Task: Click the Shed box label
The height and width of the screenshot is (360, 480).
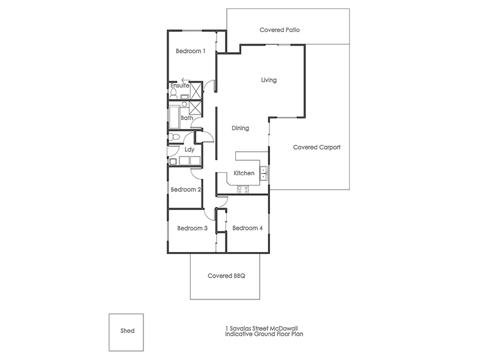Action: pyautogui.click(x=127, y=331)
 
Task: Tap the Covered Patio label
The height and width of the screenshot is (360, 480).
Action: pyautogui.click(x=280, y=29)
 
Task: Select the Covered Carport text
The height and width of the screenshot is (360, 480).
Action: pyautogui.click(x=317, y=147)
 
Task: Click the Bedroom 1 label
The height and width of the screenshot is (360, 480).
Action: pyautogui.click(x=191, y=52)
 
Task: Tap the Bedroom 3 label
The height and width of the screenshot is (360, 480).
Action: pyautogui.click(x=192, y=228)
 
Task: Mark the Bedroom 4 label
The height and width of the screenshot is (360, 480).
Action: pyautogui.click(x=247, y=228)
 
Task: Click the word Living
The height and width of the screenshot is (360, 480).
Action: pyautogui.click(x=269, y=80)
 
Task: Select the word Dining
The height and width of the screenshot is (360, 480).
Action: pyautogui.click(x=240, y=128)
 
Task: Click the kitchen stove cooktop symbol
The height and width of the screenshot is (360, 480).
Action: pyautogui.click(x=244, y=190)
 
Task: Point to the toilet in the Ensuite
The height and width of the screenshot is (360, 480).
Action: pyautogui.click(x=173, y=93)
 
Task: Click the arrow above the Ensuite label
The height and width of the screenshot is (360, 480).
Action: pyautogui.click(x=185, y=80)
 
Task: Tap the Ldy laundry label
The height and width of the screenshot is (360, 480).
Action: pyautogui.click(x=189, y=149)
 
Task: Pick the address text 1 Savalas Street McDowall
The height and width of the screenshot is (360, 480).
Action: pyautogui.click(x=265, y=328)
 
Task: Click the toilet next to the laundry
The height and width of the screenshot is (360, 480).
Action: pyautogui.click(x=173, y=137)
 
